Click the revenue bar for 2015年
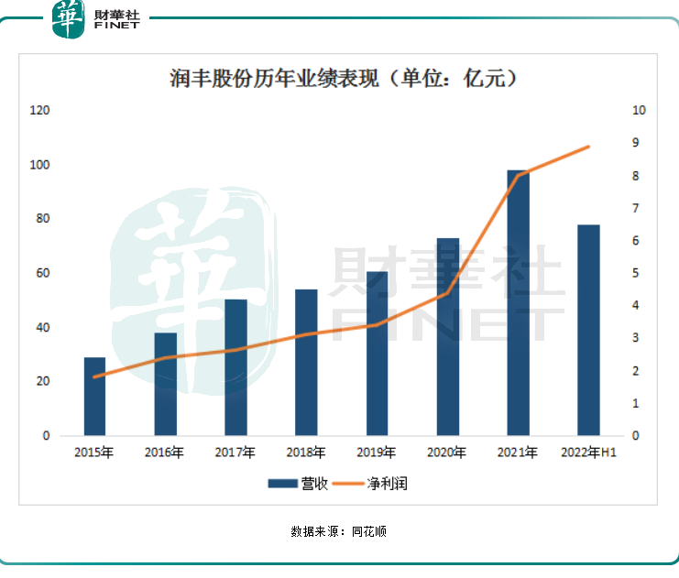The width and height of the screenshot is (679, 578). click(x=95, y=396)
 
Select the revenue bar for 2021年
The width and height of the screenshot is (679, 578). click(x=518, y=302)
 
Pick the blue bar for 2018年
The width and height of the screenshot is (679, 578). click(x=306, y=362)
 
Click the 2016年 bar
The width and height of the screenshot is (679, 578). click(x=166, y=384)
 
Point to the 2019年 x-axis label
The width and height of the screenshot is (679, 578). click(x=377, y=453)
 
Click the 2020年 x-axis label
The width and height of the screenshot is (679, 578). click(x=447, y=453)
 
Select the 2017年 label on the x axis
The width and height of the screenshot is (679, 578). click(x=235, y=453)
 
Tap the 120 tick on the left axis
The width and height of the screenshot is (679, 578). click(x=39, y=111)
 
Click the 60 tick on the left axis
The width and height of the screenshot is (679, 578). click(x=42, y=274)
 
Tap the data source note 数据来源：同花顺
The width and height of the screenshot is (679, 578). click(x=339, y=531)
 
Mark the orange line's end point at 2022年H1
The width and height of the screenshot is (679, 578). click(x=588, y=147)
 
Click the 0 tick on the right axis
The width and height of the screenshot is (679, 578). click(x=636, y=436)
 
